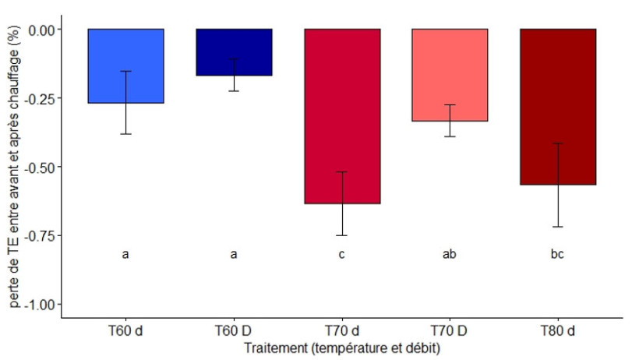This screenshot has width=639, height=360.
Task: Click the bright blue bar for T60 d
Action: (x=125, y=66)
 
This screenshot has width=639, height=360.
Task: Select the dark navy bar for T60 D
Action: (x=234, y=52)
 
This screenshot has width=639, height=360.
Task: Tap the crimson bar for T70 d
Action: (x=342, y=116)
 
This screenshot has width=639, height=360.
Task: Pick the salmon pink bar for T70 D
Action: (x=450, y=75)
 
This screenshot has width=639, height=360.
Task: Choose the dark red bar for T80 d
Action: (x=558, y=107)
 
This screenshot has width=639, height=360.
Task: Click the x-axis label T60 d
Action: (x=125, y=332)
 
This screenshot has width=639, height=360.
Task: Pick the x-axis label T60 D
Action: (x=234, y=332)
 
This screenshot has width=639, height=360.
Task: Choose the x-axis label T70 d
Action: (x=342, y=332)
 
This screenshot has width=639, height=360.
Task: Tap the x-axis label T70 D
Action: (x=450, y=332)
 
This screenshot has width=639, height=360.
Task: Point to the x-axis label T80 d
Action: (x=558, y=332)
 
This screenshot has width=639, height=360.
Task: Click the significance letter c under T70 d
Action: (x=342, y=254)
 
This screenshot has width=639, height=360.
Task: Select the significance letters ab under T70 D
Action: (x=450, y=254)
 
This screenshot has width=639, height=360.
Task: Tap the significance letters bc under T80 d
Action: (x=558, y=254)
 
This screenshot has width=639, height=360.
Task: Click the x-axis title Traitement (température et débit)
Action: (x=341, y=349)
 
